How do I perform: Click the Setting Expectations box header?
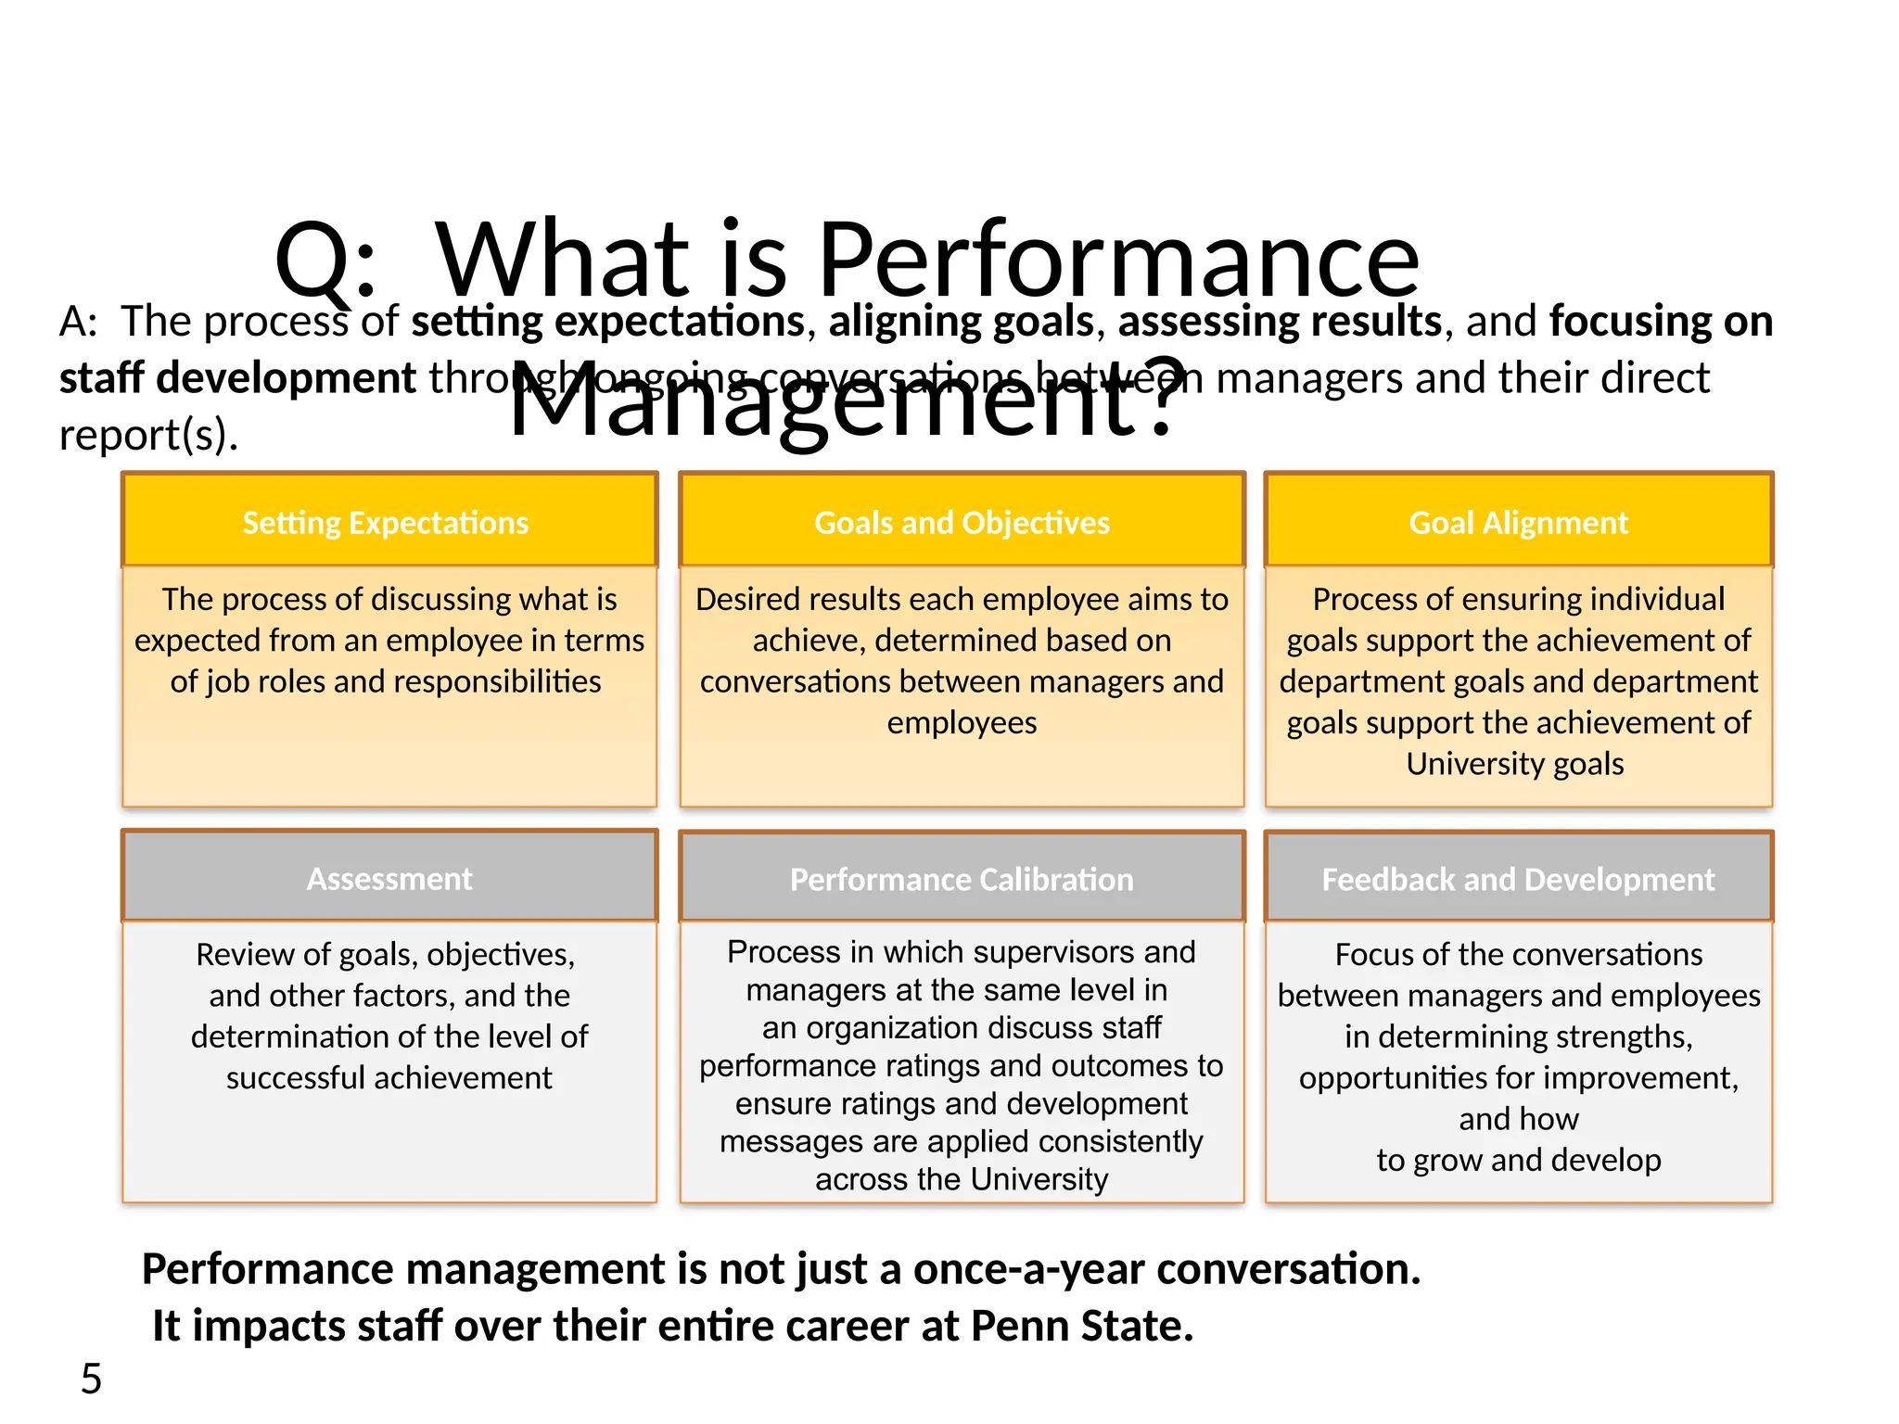click(386, 523)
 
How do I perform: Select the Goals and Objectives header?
click(962, 523)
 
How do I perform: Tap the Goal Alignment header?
click(1518, 523)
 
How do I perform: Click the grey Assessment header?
click(389, 878)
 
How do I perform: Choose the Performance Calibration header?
click(962, 879)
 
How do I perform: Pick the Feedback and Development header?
click(1518, 879)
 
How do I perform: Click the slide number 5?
click(91, 1379)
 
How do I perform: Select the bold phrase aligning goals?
click(962, 322)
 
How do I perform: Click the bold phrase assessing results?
click(1280, 322)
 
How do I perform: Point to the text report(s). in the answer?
click(148, 435)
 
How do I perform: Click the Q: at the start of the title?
click(325, 261)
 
